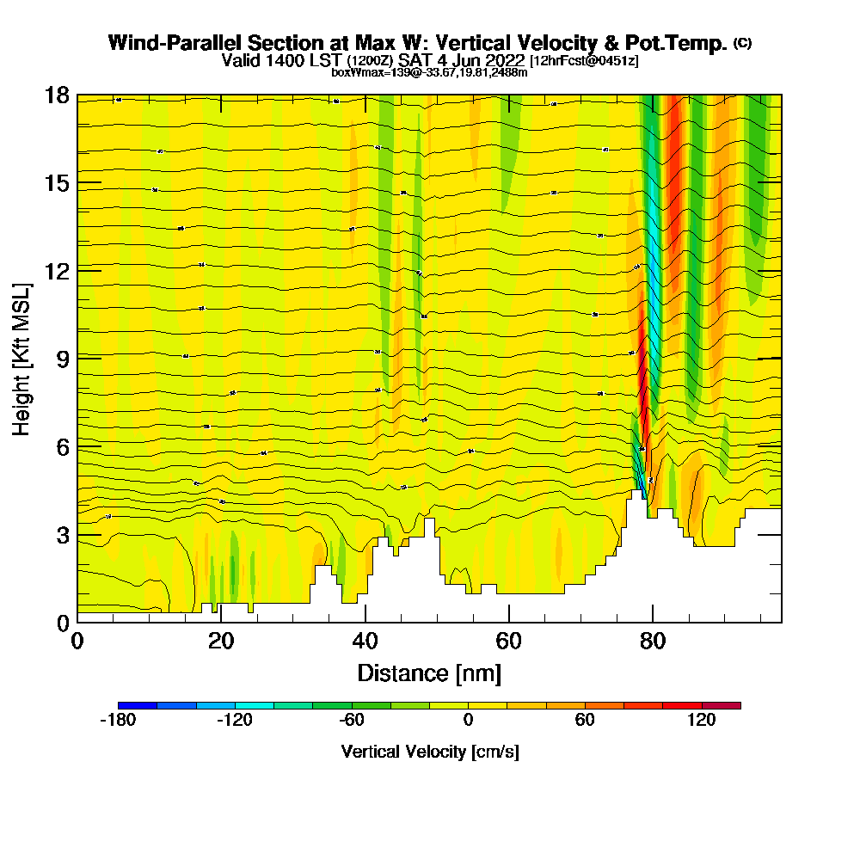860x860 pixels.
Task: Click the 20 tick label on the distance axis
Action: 221,642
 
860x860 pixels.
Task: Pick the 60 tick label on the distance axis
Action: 509,642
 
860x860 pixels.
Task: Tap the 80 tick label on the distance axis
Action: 653,642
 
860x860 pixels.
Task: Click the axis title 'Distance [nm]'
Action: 429,673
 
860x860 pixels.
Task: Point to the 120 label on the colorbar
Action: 702,721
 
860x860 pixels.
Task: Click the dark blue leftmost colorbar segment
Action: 138,705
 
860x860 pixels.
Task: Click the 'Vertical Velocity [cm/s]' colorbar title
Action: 429,752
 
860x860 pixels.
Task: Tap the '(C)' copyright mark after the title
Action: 742,42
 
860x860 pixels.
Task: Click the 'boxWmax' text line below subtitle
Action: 429,72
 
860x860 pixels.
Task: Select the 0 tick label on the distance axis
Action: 77,642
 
